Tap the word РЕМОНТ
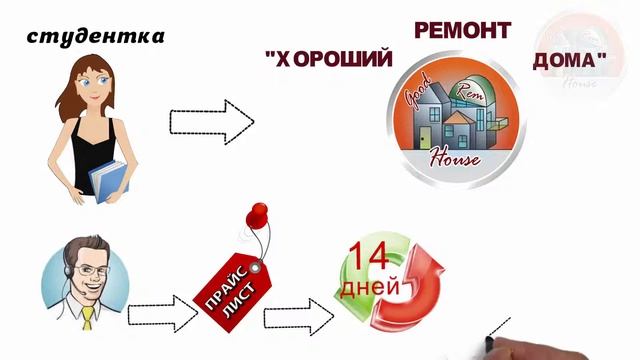point(449,30)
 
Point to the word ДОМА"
point(569,61)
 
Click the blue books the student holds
point(109,181)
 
